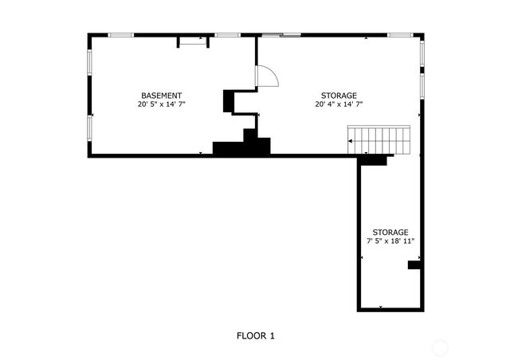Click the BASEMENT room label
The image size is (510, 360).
pos(162,96)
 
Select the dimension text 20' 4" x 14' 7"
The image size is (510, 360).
pos(339,104)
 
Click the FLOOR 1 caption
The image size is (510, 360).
pos(255,336)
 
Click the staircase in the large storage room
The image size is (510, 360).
pos(380,139)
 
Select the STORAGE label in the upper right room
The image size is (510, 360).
pos(339,96)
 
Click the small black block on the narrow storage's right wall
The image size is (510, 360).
pos(414,264)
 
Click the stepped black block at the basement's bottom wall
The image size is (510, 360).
pos(242,146)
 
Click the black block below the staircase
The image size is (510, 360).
pos(373,160)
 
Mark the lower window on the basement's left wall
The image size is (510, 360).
pos(89,127)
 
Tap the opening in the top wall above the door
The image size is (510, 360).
pos(279,34)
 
